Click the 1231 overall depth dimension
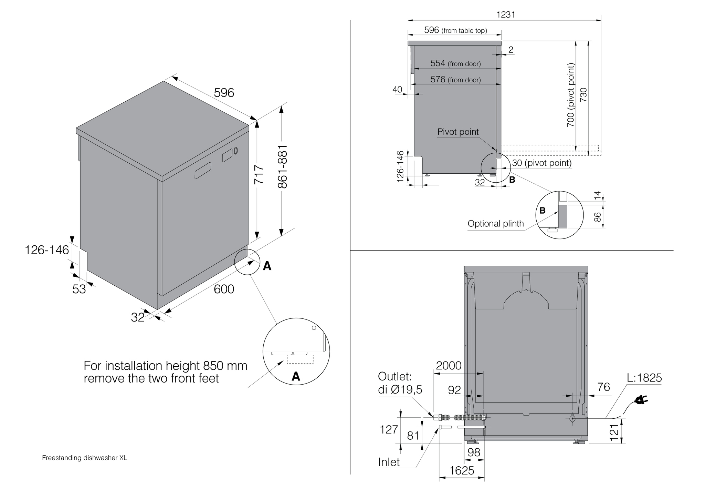point(506,14)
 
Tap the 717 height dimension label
point(259,174)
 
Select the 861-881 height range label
point(282,167)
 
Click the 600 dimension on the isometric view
point(224,289)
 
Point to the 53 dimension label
point(79,289)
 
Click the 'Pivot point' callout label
point(458,132)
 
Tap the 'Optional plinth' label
point(495,224)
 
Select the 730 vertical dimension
point(583,95)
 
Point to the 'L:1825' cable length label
point(644,378)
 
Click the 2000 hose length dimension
point(449,366)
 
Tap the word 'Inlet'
point(389,462)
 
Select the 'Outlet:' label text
point(394,376)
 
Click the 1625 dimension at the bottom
point(462,470)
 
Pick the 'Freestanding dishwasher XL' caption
point(85,458)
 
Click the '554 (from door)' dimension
point(455,63)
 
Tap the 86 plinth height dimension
point(598,217)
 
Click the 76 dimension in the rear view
point(604,387)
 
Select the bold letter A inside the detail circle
point(296,377)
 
